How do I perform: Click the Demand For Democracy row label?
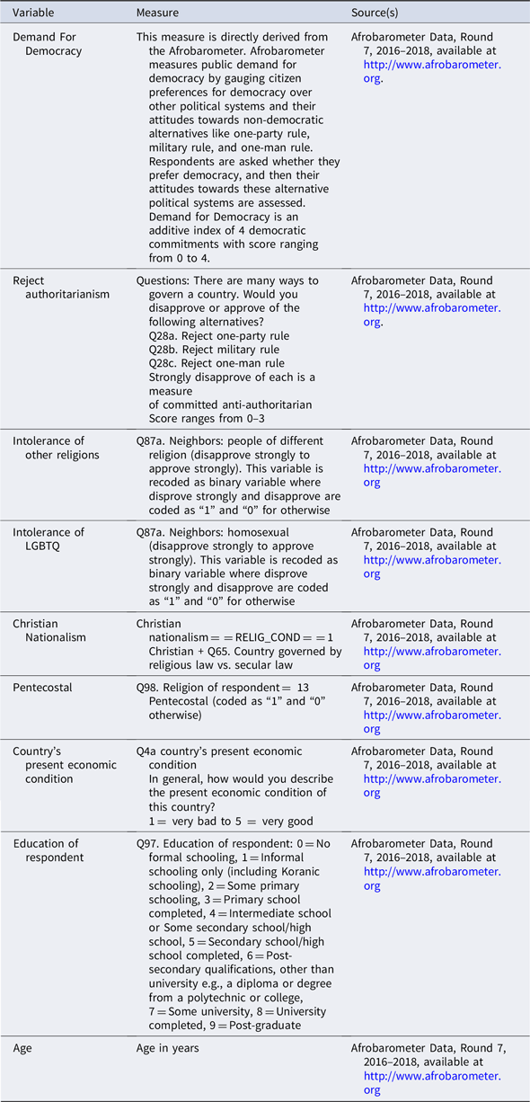pyautogui.click(x=46, y=44)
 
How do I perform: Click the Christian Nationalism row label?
pyautogui.click(x=49, y=630)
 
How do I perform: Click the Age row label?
pyautogui.click(x=23, y=1048)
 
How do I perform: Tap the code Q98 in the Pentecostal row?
pyautogui.click(x=147, y=688)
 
